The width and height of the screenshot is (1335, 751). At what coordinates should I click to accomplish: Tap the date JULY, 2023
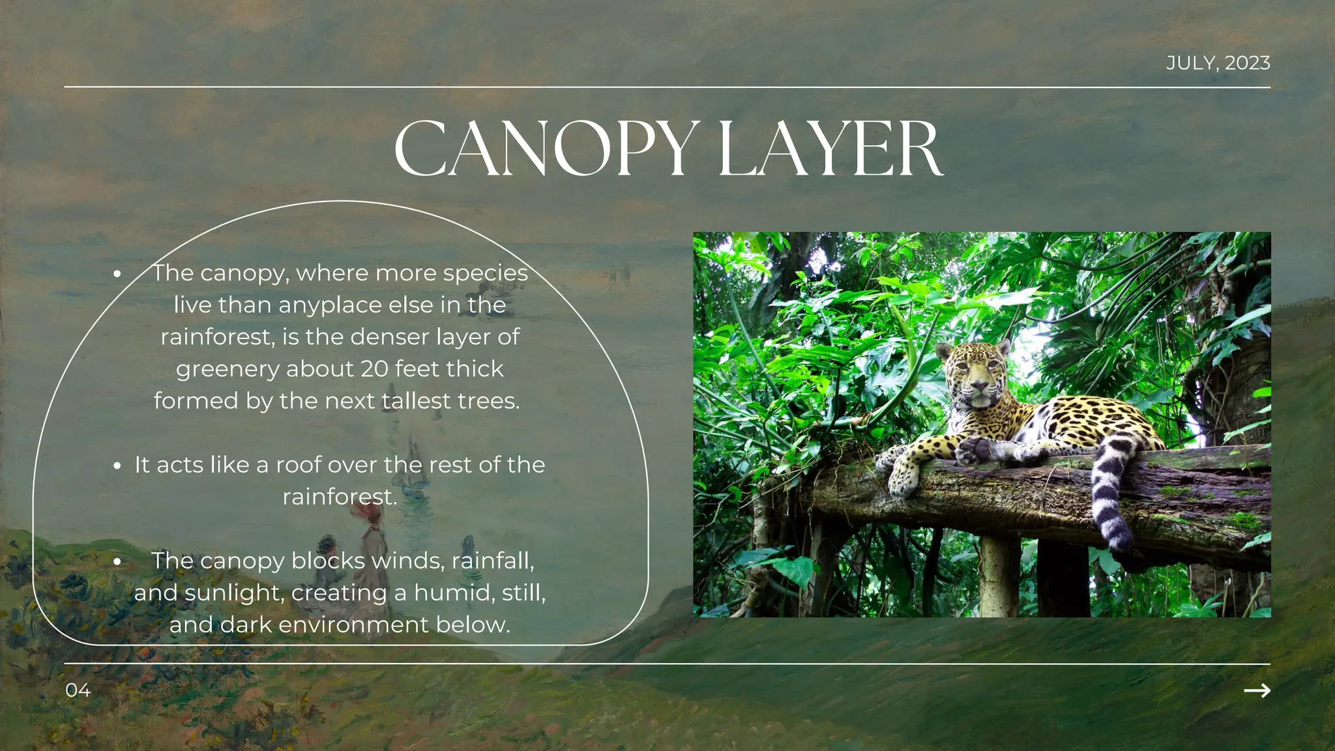point(1218,63)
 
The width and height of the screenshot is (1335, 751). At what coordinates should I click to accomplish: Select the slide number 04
point(78,690)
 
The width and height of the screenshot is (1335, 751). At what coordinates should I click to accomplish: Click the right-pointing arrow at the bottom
point(1257,690)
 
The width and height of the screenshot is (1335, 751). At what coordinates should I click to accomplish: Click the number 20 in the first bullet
point(375,369)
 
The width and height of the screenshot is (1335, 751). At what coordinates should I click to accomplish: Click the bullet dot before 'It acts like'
point(117,465)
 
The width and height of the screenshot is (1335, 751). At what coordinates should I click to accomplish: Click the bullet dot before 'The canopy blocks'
point(117,561)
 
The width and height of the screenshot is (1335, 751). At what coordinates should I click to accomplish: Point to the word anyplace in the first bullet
point(330,305)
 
